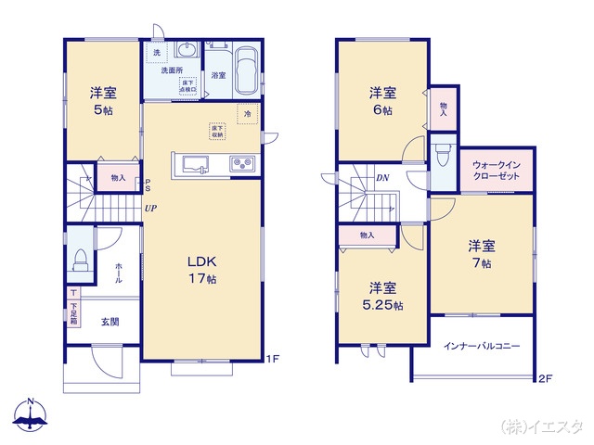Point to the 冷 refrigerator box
pyautogui.click(x=248, y=114)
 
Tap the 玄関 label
pyautogui.click(x=110, y=322)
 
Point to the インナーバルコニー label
pyautogui.click(x=481, y=346)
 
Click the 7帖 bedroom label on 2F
pyautogui.click(x=481, y=255)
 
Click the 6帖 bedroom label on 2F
pyautogui.click(x=381, y=100)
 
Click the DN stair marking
pyautogui.click(x=381, y=178)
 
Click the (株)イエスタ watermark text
pyautogui.click(x=542, y=426)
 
